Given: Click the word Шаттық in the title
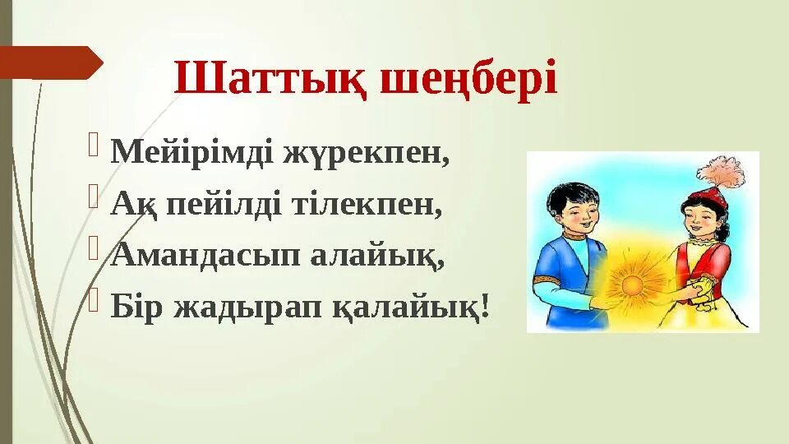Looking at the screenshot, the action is (x=270, y=78).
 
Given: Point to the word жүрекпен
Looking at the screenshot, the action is (x=366, y=153).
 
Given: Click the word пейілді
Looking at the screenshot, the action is (x=224, y=205).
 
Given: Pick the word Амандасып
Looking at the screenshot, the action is (x=205, y=255).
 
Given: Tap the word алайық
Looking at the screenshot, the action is (x=377, y=256).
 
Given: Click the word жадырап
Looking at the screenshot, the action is (x=247, y=307).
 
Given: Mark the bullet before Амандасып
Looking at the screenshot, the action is (x=93, y=248).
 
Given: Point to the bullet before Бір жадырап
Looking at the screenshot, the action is (x=93, y=301).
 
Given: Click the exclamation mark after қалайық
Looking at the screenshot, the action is (x=485, y=304).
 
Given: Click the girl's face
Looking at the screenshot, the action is (x=701, y=221).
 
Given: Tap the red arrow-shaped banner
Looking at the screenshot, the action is (x=51, y=62).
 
